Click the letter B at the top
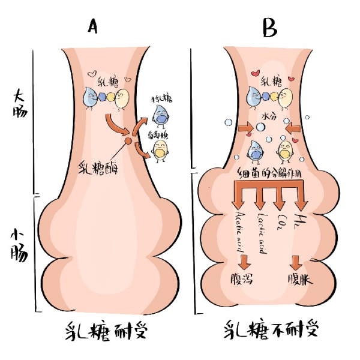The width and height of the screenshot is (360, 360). click(x=269, y=26)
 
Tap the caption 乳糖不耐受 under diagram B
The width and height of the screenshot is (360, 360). click(x=271, y=329)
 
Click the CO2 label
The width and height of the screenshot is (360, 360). click(x=281, y=221)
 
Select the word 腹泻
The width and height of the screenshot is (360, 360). click(x=242, y=281)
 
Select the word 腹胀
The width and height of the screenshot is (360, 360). click(x=296, y=281)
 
